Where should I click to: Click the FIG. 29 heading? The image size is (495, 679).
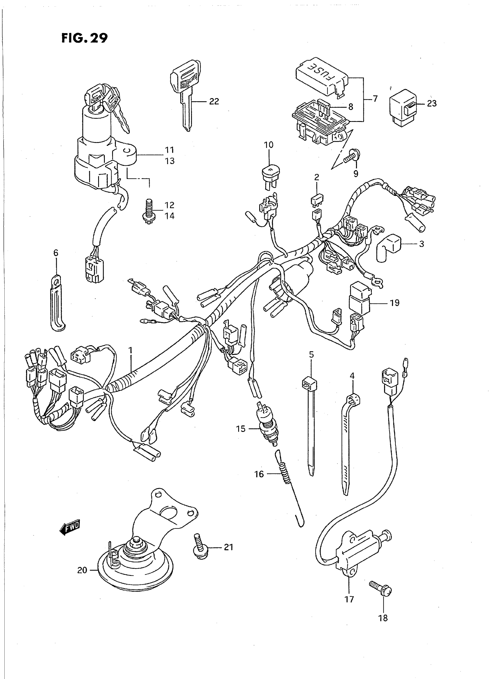[84, 38]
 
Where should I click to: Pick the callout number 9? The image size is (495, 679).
[356, 174]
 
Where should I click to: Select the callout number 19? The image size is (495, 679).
[395, 303]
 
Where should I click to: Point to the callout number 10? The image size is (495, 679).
[268, 145]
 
